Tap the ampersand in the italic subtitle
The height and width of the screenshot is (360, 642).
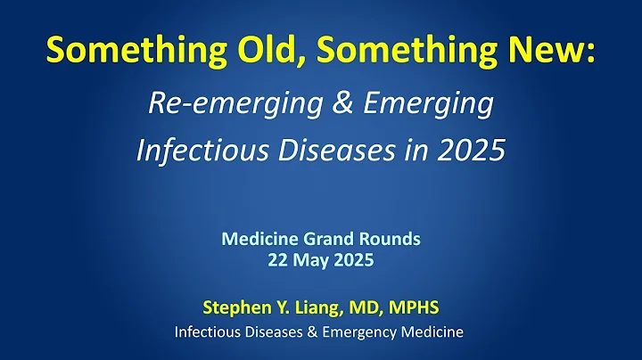point(325,104)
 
